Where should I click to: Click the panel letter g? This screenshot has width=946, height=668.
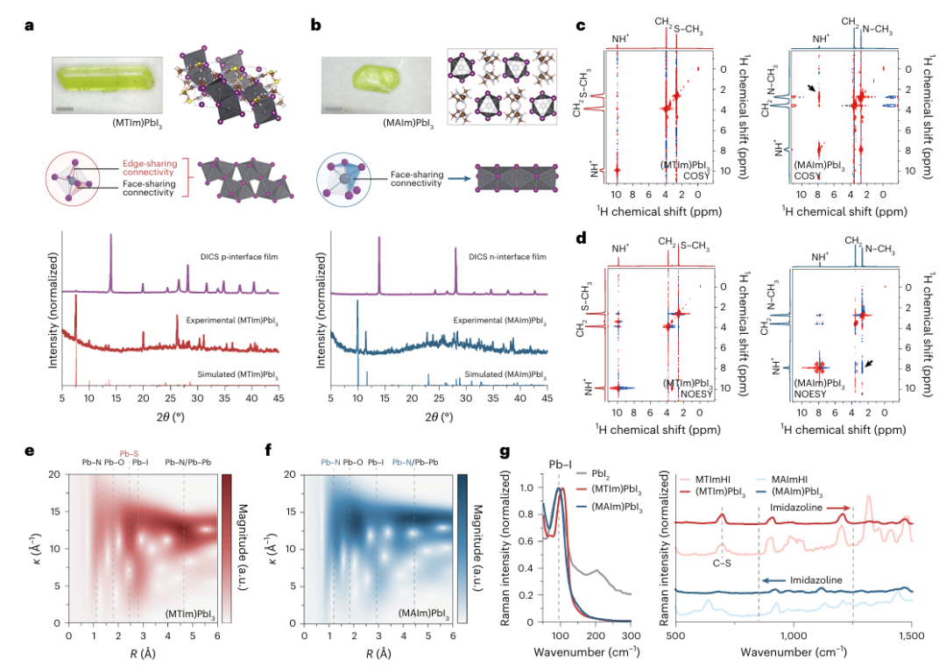click(x=505, y=451)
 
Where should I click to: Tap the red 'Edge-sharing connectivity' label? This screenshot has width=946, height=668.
click(x=150, y=167)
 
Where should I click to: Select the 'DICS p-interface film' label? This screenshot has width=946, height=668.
click(x=239, y=257)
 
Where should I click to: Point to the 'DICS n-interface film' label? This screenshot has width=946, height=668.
click(x=507, y=257)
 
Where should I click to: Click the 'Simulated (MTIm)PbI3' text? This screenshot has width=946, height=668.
click(x=237, y=374)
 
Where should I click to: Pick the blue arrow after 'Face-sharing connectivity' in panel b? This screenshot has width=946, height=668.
click(x=460, y=179)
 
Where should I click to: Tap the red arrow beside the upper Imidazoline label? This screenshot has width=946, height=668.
click(x=838, y=508)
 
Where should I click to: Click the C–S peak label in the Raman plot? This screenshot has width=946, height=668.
click(x=721, y=564)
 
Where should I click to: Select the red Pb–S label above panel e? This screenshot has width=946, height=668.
click(x=129, y=453)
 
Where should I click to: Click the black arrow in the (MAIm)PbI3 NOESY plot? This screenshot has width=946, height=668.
click(x=867, y=364)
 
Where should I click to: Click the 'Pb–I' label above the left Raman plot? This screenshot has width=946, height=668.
click(x=560, y=464)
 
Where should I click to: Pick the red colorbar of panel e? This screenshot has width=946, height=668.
click(x=226, y=549)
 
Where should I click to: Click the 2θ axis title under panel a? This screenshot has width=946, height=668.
click(x=170, y=416)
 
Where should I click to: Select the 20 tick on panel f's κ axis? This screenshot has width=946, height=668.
click(x=290, y=475)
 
